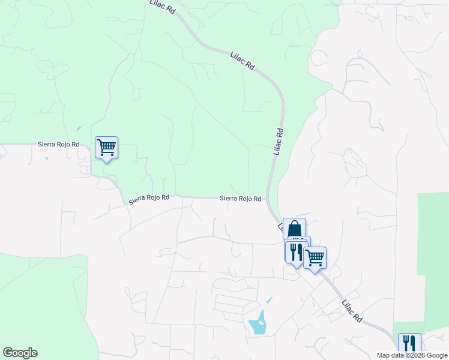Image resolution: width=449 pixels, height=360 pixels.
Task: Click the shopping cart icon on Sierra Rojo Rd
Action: tap(107, 146)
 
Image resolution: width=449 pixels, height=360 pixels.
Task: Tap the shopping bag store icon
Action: tap(294, 229)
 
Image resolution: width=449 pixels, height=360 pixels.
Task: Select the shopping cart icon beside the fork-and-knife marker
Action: tap(315, 258)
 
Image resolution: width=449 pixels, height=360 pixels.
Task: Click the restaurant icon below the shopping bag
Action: tap(295, 251)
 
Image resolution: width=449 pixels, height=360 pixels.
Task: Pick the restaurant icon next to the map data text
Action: tap(409, 343)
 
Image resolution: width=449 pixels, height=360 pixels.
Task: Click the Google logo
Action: tap(20, 353)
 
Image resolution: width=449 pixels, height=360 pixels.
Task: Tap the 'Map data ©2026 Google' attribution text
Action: tap(412, 355)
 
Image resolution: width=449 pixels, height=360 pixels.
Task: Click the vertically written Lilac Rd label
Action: tap(278, 142)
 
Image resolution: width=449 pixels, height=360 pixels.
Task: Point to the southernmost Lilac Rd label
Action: tap(352, 310)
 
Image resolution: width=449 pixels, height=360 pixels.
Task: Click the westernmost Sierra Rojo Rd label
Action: tap(59, 145)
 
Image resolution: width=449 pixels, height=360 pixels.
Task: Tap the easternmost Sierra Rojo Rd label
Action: tap(240, 198)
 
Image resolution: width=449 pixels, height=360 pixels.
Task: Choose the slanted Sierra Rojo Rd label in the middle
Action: tap(149, 199)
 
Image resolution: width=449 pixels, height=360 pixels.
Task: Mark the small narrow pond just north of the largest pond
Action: tap(269, 299)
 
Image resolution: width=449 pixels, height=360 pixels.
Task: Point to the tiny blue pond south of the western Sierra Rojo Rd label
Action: tap(46, 158)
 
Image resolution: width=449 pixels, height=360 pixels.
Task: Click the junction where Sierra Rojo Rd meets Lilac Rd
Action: tap(267, 199)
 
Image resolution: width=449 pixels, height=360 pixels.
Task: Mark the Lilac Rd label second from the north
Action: tap(243, 62)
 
